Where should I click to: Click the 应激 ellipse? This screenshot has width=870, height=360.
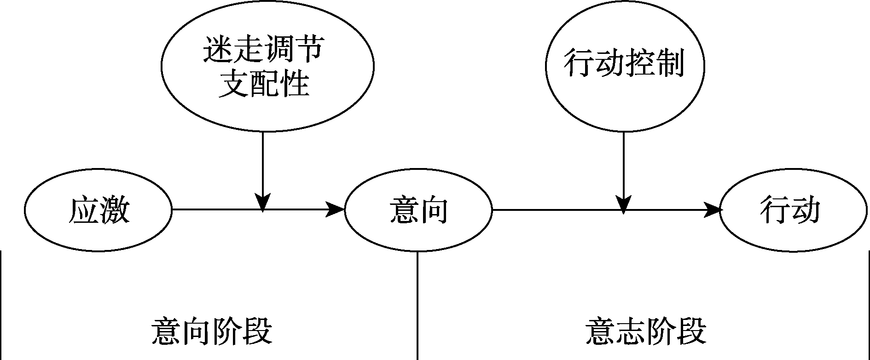(98, 210)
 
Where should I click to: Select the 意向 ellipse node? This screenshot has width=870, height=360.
(418, 210)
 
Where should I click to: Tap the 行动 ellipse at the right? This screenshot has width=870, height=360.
(790, 210)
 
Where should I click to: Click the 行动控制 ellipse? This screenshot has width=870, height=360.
(624, 64)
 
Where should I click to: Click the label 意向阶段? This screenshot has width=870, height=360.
(212, 331)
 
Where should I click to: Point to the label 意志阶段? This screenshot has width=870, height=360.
(646, 331)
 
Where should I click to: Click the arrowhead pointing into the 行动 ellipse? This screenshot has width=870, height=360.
(712, 210)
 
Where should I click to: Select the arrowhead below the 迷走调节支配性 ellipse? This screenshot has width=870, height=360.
(263, 203)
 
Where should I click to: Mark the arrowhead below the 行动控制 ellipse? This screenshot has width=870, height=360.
(623, 204)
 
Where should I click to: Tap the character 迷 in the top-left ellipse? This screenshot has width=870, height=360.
(218, 50)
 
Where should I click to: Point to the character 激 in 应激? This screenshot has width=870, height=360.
(114, 210)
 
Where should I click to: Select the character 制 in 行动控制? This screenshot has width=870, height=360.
(669, 64)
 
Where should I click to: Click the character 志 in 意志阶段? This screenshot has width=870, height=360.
(631, 331)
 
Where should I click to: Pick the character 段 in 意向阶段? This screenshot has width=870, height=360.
(256, 331)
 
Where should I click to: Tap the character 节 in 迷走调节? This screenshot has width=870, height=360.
(308, 50)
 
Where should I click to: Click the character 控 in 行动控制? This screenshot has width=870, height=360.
(640, 64)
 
